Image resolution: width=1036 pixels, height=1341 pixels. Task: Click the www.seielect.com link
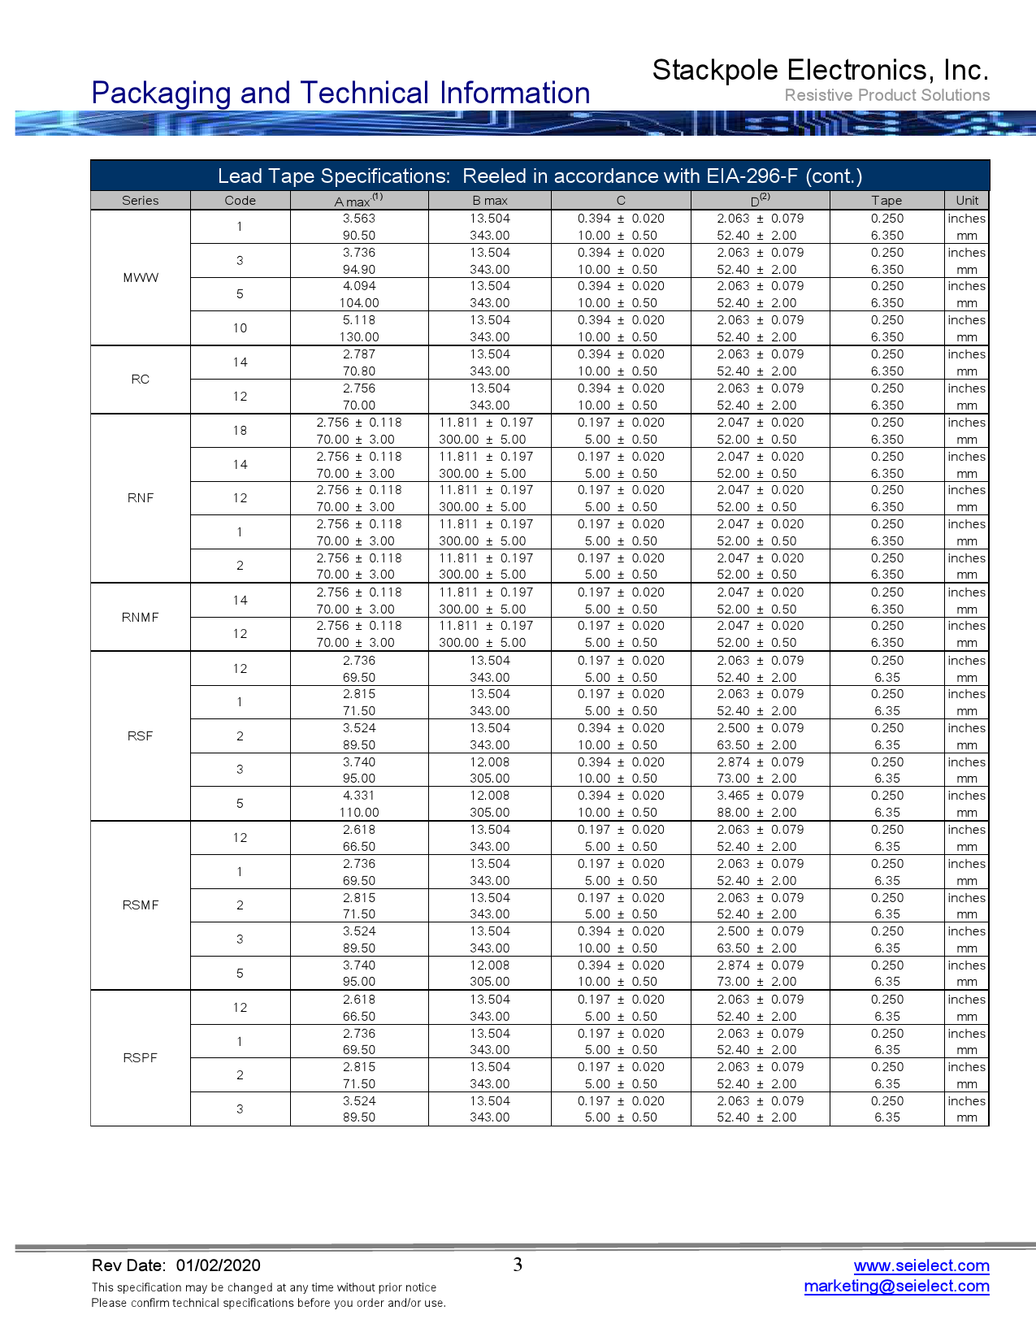921,1265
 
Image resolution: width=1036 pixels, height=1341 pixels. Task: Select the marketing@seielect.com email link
896,1286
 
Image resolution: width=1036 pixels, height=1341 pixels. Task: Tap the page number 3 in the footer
518,1265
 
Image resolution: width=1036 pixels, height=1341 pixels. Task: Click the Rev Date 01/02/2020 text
176,1265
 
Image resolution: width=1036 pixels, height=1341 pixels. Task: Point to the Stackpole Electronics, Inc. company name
820,71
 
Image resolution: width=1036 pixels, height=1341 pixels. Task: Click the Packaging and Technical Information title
340,93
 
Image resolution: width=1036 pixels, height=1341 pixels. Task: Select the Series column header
141,201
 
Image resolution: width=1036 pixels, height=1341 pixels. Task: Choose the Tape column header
886,201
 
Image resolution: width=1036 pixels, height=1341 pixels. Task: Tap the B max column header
490,201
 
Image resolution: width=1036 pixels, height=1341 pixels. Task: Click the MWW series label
141,278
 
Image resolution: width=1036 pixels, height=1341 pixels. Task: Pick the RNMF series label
141,618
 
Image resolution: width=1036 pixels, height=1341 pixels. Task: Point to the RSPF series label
141,1058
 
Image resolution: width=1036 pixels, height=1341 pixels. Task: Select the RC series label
141,380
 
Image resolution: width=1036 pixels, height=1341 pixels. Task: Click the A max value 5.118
359,320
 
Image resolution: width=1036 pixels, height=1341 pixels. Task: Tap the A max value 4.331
359,796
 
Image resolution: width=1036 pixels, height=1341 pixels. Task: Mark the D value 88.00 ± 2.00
756,813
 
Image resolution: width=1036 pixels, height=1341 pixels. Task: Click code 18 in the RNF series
240,431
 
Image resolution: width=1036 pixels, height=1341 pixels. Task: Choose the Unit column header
967,201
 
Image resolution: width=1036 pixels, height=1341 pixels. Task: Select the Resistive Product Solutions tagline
886,95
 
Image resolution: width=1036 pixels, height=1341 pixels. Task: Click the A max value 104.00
359,303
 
